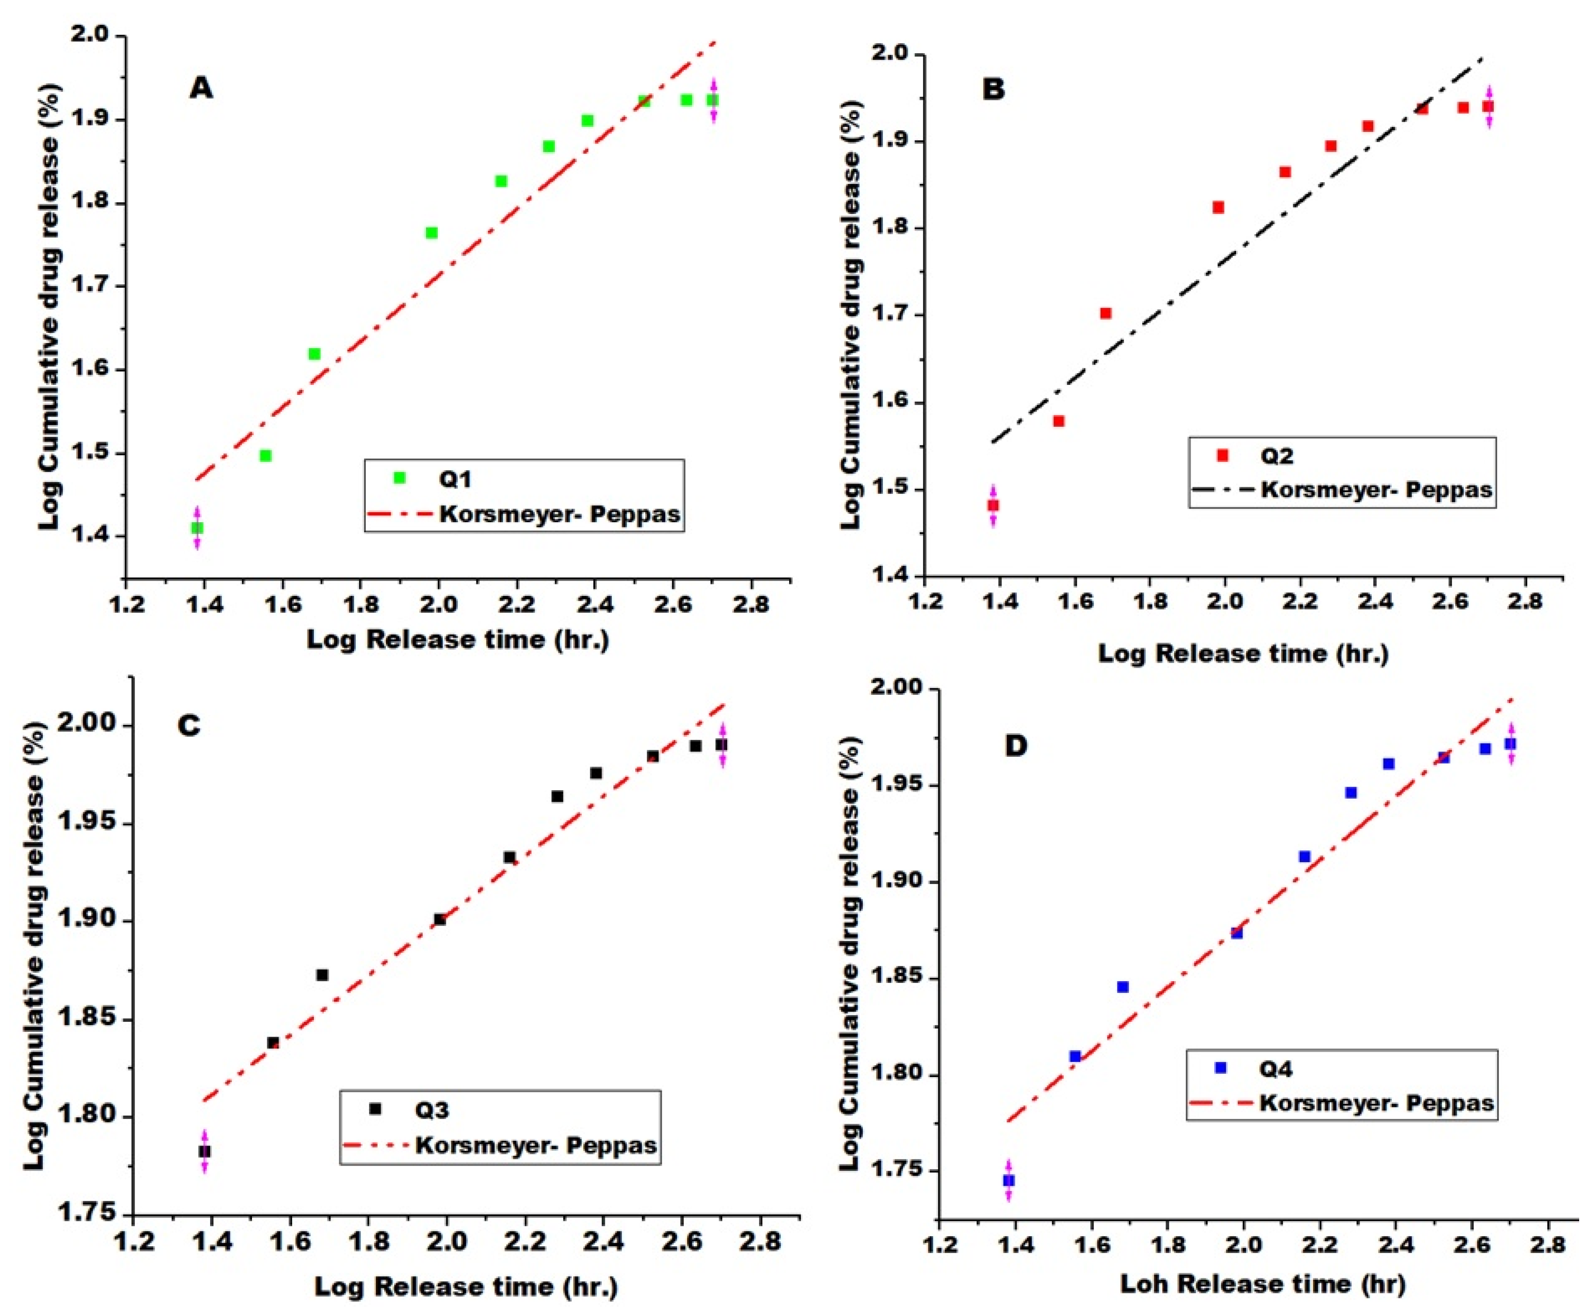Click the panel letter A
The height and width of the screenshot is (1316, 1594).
click(x=201, y=88)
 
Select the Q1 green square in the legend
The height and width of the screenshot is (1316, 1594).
click(x=400, y=478)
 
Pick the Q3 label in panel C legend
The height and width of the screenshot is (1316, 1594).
click(x=432, y=1111)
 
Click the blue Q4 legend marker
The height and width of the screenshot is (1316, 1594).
click(x=1220, y=1068)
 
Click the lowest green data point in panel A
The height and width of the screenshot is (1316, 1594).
click(x=197, y=527)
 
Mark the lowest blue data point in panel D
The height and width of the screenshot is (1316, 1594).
click(x=1008, y=1180)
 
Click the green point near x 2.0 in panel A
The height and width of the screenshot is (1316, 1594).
click(x=432, y=233)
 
